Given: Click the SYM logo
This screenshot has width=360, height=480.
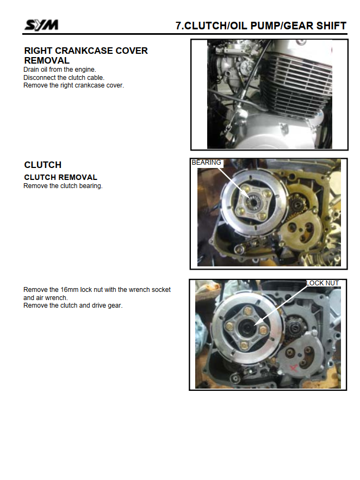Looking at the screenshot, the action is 41,25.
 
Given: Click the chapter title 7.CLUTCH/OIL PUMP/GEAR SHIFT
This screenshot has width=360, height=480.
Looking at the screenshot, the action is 261,26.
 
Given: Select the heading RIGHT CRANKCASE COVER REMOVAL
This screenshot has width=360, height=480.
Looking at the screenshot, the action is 86,55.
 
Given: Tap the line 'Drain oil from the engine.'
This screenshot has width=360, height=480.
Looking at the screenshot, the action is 60,70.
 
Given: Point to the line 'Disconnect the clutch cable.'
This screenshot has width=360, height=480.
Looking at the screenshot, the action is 64,77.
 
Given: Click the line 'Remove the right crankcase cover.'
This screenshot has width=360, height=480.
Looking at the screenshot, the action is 74,85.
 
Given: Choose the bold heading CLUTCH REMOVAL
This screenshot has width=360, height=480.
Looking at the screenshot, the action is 60,177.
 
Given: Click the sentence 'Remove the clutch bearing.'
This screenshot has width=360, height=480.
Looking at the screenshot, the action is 63,186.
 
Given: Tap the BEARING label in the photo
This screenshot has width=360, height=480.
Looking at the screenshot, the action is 206,163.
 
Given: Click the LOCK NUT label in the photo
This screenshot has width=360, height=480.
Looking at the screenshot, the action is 322,283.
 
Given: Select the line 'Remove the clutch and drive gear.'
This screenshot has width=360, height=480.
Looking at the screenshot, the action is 73,306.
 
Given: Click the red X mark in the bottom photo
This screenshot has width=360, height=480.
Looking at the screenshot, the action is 294,367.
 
